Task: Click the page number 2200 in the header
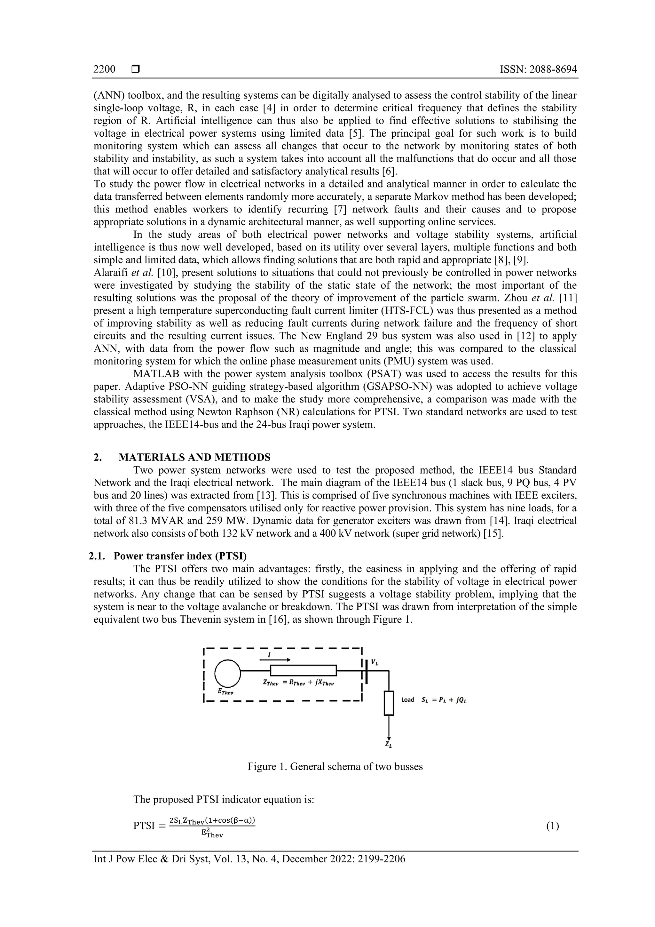point(104,69)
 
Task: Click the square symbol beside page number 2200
point(136,69)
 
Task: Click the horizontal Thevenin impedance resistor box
point(303,670)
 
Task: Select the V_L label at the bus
point(375,663)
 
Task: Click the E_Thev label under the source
point(225,691)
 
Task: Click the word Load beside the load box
point(407,700)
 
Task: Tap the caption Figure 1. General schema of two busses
point(335,766)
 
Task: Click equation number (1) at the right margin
point(552,826)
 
